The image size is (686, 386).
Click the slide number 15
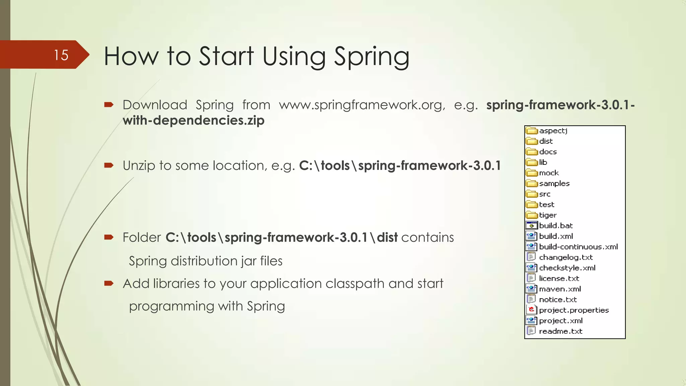coord(61,55)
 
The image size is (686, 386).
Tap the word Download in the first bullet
coord(155,105)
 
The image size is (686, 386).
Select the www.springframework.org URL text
coord(362,105)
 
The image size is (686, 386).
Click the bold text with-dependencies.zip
coord(194,120)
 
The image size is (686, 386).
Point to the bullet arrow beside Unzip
coord(109,165)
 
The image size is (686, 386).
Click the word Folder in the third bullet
coord(142,238)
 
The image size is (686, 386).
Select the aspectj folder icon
coord(531,131)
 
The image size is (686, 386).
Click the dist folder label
coord(546,141)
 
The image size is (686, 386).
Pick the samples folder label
coord(554,184)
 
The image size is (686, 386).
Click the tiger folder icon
coord(531,215)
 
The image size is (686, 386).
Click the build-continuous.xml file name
coord(578,247)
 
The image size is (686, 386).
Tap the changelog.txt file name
coord(566,257)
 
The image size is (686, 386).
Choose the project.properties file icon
coord(531,310)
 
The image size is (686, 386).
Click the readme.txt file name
coord(560,331)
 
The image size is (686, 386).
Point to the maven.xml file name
coord(560,289)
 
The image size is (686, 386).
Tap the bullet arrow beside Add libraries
coord(109,283)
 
